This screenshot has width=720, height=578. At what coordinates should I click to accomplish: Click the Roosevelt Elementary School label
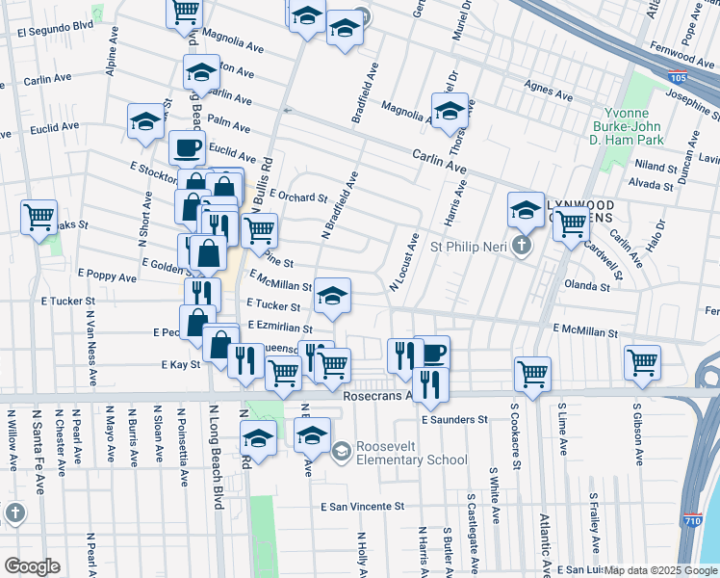click(x=411, y=453)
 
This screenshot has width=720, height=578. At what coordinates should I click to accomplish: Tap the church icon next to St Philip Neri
click(x=522, y=246)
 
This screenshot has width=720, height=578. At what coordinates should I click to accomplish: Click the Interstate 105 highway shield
click(x=677, y=76)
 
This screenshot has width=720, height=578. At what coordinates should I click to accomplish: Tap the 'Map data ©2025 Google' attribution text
click(x=660, y=570)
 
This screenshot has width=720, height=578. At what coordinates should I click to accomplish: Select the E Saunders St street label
click(x=455, y=419)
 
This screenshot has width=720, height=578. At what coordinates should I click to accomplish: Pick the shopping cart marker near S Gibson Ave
click(x=642, y=364)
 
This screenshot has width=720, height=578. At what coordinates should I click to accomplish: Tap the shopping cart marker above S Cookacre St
click(x=532, y=373)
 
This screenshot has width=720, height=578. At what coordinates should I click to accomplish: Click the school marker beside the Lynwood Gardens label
click(x=526, y=210)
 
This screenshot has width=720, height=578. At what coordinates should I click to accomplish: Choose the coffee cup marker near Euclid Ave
click(x=187, y=148)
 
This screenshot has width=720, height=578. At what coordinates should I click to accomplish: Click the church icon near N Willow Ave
click(x=14, y=513)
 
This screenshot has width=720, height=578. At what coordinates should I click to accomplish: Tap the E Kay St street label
click(x=181, y=365)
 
